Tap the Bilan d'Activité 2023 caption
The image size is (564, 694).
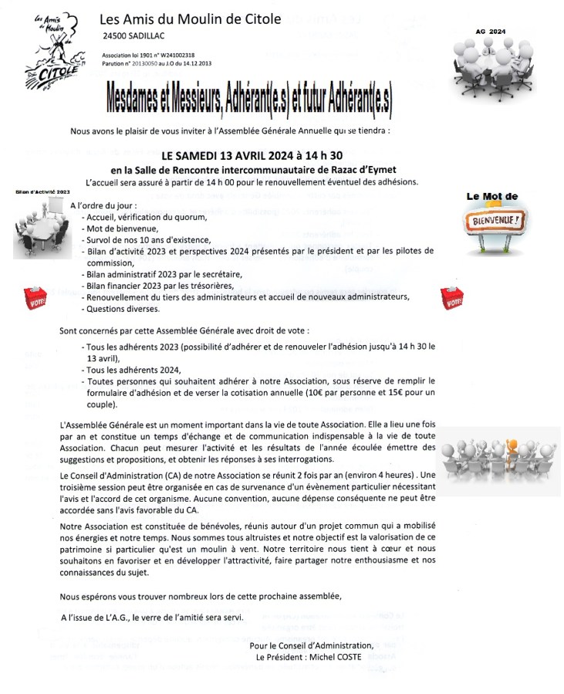click(x=42, y=191)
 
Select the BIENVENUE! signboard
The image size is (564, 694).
click(x=495, y=224)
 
